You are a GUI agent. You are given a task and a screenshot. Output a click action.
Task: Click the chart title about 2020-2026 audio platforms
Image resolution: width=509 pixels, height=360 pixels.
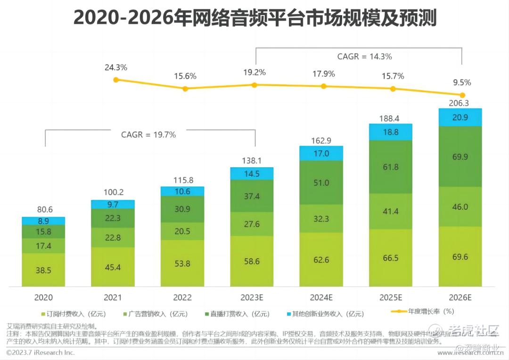click(254, 19)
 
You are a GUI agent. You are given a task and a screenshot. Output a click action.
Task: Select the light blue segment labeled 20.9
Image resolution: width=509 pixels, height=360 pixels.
click(460, 117)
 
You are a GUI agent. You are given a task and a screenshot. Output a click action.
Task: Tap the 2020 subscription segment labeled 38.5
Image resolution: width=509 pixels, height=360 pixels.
click(43, 270)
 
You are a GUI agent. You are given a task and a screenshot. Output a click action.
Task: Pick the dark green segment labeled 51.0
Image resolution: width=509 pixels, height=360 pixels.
click(321, 182)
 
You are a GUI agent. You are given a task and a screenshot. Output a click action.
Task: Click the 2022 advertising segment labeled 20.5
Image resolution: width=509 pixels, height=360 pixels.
click(182, 231)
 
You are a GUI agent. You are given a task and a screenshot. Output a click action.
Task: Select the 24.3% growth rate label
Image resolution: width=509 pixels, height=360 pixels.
click(116, 67)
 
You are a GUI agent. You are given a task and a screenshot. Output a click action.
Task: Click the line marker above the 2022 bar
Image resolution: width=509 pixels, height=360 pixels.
click(185, 89)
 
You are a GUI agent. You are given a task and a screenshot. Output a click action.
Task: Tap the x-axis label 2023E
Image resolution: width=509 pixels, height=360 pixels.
click(252, 298)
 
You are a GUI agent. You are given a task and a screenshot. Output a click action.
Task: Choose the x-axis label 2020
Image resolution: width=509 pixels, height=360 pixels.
click(43, 298)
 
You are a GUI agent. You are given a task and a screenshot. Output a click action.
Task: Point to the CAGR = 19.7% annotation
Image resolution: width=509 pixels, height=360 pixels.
click(148, 135)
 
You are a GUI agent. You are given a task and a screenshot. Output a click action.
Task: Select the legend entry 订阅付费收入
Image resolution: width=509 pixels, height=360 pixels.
click(75, 314)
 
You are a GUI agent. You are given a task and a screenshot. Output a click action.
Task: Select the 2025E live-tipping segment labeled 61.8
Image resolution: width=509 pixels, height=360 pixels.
click(390, 167)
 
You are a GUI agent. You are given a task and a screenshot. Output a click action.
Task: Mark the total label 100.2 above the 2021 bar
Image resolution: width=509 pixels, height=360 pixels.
click(113, 193)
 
